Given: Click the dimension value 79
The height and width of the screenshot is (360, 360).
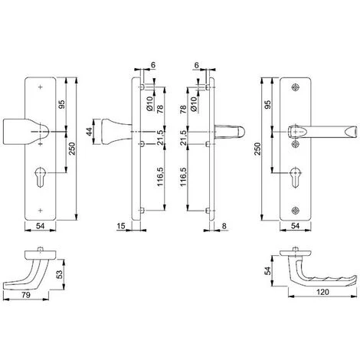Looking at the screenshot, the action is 26,295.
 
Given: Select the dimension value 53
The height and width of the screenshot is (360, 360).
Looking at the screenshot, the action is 59,274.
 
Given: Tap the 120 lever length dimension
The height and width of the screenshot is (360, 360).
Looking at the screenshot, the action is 322,292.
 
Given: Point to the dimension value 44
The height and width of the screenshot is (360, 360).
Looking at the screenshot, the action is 89,132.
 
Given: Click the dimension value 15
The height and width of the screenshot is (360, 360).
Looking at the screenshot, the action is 121,226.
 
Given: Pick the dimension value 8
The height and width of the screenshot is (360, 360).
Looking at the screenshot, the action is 224,226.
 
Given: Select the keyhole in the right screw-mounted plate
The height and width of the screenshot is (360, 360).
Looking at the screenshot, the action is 296,177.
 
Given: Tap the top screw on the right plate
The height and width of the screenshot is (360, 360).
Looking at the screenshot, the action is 296,87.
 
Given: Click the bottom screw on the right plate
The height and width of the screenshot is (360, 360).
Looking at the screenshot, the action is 296,211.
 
